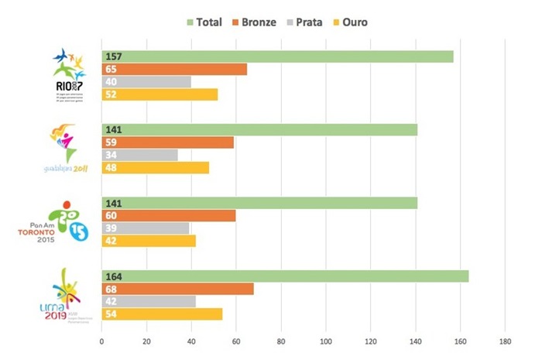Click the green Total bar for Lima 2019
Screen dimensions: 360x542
[285, 276]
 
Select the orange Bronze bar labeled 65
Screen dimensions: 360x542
[174, 69]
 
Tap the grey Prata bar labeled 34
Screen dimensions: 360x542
[140, 155]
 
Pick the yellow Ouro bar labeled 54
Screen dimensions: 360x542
[162, 314]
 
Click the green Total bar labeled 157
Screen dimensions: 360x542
[277, 57]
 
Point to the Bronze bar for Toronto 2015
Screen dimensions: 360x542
[169, 215]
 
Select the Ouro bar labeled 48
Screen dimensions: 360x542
[156, 167]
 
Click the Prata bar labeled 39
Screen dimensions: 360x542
[146, 228]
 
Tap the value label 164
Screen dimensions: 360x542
[115, 276]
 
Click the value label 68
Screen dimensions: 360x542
[111, 289]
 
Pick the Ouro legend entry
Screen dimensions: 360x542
[370, 22]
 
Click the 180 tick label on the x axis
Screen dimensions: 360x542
[505, 340]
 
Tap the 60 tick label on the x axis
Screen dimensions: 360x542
[236, 340]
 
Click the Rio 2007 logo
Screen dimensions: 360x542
[69, 74]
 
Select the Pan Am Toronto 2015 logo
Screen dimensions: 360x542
[57, 224]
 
